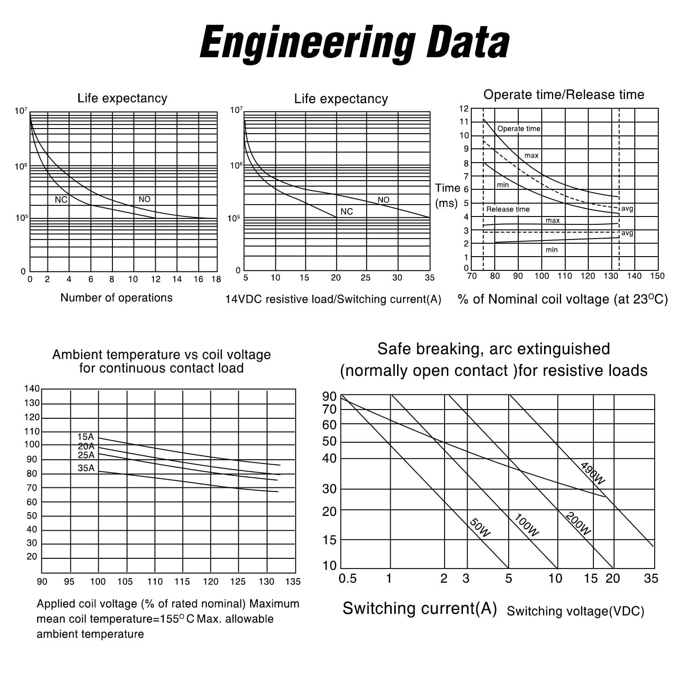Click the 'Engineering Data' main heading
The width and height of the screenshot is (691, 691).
[x=354, y=42]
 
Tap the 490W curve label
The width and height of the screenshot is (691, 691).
[x=592, y=473]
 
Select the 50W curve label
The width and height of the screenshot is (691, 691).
[x=480, y=528]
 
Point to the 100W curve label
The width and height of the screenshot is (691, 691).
[x=526, y=525]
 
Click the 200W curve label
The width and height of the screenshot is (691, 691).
[x=578, y=524]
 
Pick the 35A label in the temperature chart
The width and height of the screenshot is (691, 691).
[x=86, y=468]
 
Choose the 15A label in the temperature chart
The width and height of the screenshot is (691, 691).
[x=85, y=437]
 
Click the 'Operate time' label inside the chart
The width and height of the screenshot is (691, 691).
[x=519, y=129]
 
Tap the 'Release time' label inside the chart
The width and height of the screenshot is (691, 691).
[x=508, y=209]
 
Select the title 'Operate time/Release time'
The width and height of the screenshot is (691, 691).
[x=563, y=95]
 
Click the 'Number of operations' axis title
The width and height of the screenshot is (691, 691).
[x=116, y=298]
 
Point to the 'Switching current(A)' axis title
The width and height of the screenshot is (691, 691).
[x=420, y=609]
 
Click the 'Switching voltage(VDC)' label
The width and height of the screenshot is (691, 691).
[x=575, y=611]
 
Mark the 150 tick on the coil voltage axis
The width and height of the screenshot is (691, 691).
[x=657, y=276]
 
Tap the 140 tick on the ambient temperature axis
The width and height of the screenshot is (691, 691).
[x=32, y=389]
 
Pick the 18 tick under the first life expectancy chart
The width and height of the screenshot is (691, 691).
[x=216, y=279]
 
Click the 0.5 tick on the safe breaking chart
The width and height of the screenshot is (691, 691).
[x=347, y=579]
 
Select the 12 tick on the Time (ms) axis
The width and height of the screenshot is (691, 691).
[x=464, y=109]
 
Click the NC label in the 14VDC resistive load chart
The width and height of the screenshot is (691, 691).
[x=346, y=211]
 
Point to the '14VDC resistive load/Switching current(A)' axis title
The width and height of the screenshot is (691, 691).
[x=333, y=299]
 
